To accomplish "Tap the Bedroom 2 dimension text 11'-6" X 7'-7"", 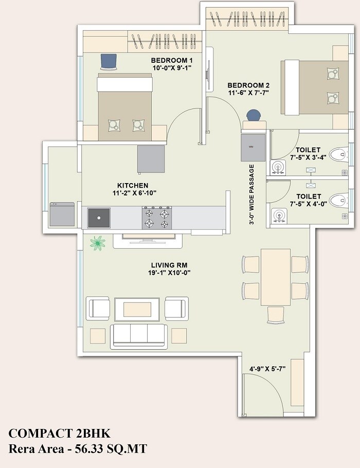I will (248, 93).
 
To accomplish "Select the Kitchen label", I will (133, 186).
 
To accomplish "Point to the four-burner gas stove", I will (157, 218).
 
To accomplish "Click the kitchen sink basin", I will (98, 218).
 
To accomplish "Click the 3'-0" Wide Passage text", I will (252, 195).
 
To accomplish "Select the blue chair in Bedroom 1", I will (109, 61).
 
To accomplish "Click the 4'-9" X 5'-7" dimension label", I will (267, 369).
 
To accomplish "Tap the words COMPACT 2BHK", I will (60, 433).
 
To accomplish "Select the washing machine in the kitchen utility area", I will (62, 215).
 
